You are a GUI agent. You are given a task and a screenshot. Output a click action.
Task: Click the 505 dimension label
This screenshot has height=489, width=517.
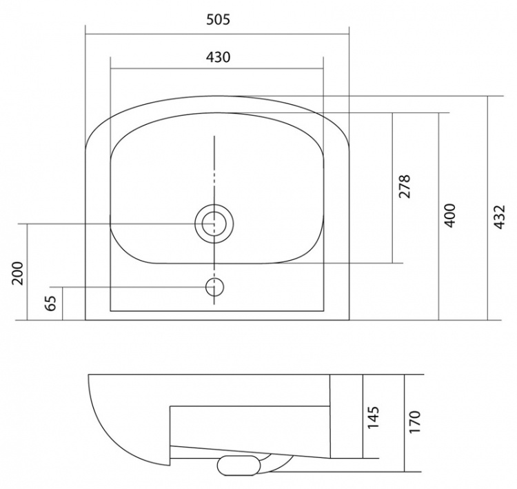[x=218, y=20]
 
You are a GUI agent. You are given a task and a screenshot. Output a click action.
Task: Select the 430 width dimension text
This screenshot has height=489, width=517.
[x=218, y=57]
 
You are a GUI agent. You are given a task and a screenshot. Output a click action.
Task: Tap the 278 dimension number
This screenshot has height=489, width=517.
[x=405, y=186]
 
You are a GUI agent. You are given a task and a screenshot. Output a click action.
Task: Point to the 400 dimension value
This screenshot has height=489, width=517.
[x=449, y=216]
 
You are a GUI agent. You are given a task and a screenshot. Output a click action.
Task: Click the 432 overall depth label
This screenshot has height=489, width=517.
[x=500, y=217]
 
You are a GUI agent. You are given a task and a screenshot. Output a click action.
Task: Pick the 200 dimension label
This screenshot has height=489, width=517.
[x=17, y=273]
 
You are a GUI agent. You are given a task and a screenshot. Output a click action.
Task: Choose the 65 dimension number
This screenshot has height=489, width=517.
[x=51, y=303]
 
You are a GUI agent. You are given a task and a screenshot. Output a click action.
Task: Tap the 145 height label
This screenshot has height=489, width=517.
[x=373, y=418]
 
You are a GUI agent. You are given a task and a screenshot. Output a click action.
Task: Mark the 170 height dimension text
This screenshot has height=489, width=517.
[x=414, y=422]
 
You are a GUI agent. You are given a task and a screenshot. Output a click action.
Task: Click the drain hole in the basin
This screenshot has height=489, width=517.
[x=214, y=224]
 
